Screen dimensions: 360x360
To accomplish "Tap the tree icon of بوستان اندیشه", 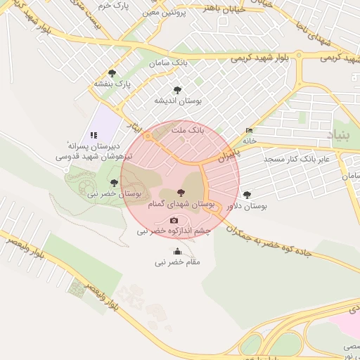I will point(176,90).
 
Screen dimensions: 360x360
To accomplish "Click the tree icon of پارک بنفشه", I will point(112,73).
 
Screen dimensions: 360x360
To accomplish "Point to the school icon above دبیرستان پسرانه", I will point(93,135).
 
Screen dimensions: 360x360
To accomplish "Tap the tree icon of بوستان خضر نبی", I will point(114,183).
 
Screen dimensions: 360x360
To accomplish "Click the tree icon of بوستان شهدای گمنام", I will point(181,192).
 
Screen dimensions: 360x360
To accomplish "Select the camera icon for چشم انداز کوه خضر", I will point(174,221).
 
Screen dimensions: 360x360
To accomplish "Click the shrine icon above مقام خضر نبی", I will point(177,252).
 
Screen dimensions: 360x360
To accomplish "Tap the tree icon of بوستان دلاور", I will point(246,194).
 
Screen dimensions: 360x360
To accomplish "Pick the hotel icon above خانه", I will point(248,131).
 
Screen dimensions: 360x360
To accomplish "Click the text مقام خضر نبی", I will point(178,262).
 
